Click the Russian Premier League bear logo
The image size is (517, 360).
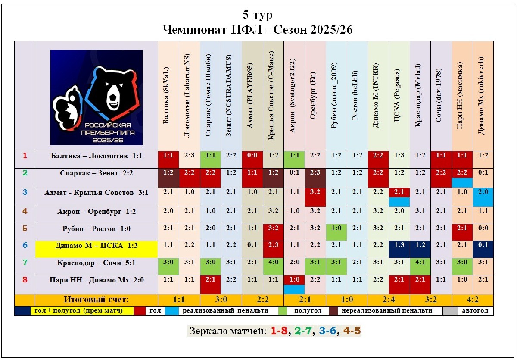click(97, 97)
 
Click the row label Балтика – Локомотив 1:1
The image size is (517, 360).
click(97, 156)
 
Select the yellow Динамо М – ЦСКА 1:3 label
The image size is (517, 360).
click(97, 246)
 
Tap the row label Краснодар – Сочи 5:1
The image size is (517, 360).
click(97, 263)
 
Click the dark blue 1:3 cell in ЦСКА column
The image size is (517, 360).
click(399, 246)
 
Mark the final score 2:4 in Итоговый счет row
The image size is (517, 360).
click(388, 300)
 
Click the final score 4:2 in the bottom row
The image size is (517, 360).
click(472, 300)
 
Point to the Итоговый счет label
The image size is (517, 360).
click(97, 300)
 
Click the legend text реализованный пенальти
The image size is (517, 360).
click(225, 310)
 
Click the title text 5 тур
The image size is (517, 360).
click(258, 15)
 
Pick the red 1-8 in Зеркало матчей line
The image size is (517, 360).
click(279, 331)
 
